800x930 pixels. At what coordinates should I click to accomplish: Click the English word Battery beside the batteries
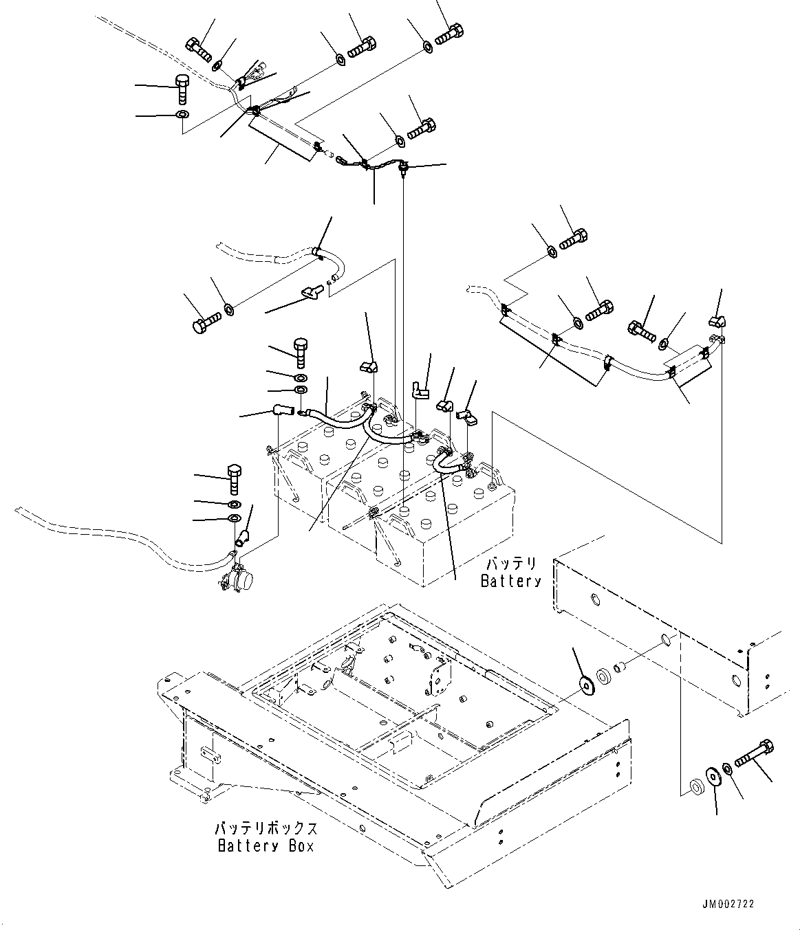pos(510,581)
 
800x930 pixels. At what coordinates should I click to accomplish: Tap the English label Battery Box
pos(266,845)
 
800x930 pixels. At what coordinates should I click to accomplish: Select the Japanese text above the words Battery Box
pos(266,827)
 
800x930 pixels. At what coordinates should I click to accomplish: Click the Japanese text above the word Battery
pos(510,564)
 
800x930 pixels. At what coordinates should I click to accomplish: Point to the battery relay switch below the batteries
pos(237,576)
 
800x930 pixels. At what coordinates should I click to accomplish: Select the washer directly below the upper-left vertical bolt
pos(182,114)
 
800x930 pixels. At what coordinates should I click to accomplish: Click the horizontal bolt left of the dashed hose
pos(204,322)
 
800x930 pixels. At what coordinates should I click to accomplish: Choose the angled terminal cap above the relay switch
pos(242,537)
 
